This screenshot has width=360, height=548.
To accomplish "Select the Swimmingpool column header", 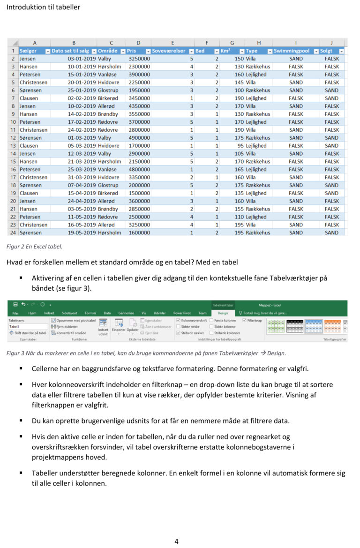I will [292, 51].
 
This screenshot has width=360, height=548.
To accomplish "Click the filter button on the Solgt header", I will [341, 51].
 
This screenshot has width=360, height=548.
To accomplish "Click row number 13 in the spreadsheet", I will [13, 146].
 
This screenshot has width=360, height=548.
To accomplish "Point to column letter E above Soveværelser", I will [172, 43].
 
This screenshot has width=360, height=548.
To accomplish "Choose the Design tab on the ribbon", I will [223, 313].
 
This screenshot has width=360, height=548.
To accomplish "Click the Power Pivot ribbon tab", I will [182, 313].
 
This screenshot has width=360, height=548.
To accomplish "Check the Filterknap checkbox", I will [244, 320].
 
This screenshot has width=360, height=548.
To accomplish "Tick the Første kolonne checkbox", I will [211, 320].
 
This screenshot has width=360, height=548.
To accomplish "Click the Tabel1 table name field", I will [28, 326].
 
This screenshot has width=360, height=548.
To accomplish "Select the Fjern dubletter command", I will [65, 326].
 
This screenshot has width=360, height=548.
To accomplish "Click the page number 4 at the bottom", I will [176, 541].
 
